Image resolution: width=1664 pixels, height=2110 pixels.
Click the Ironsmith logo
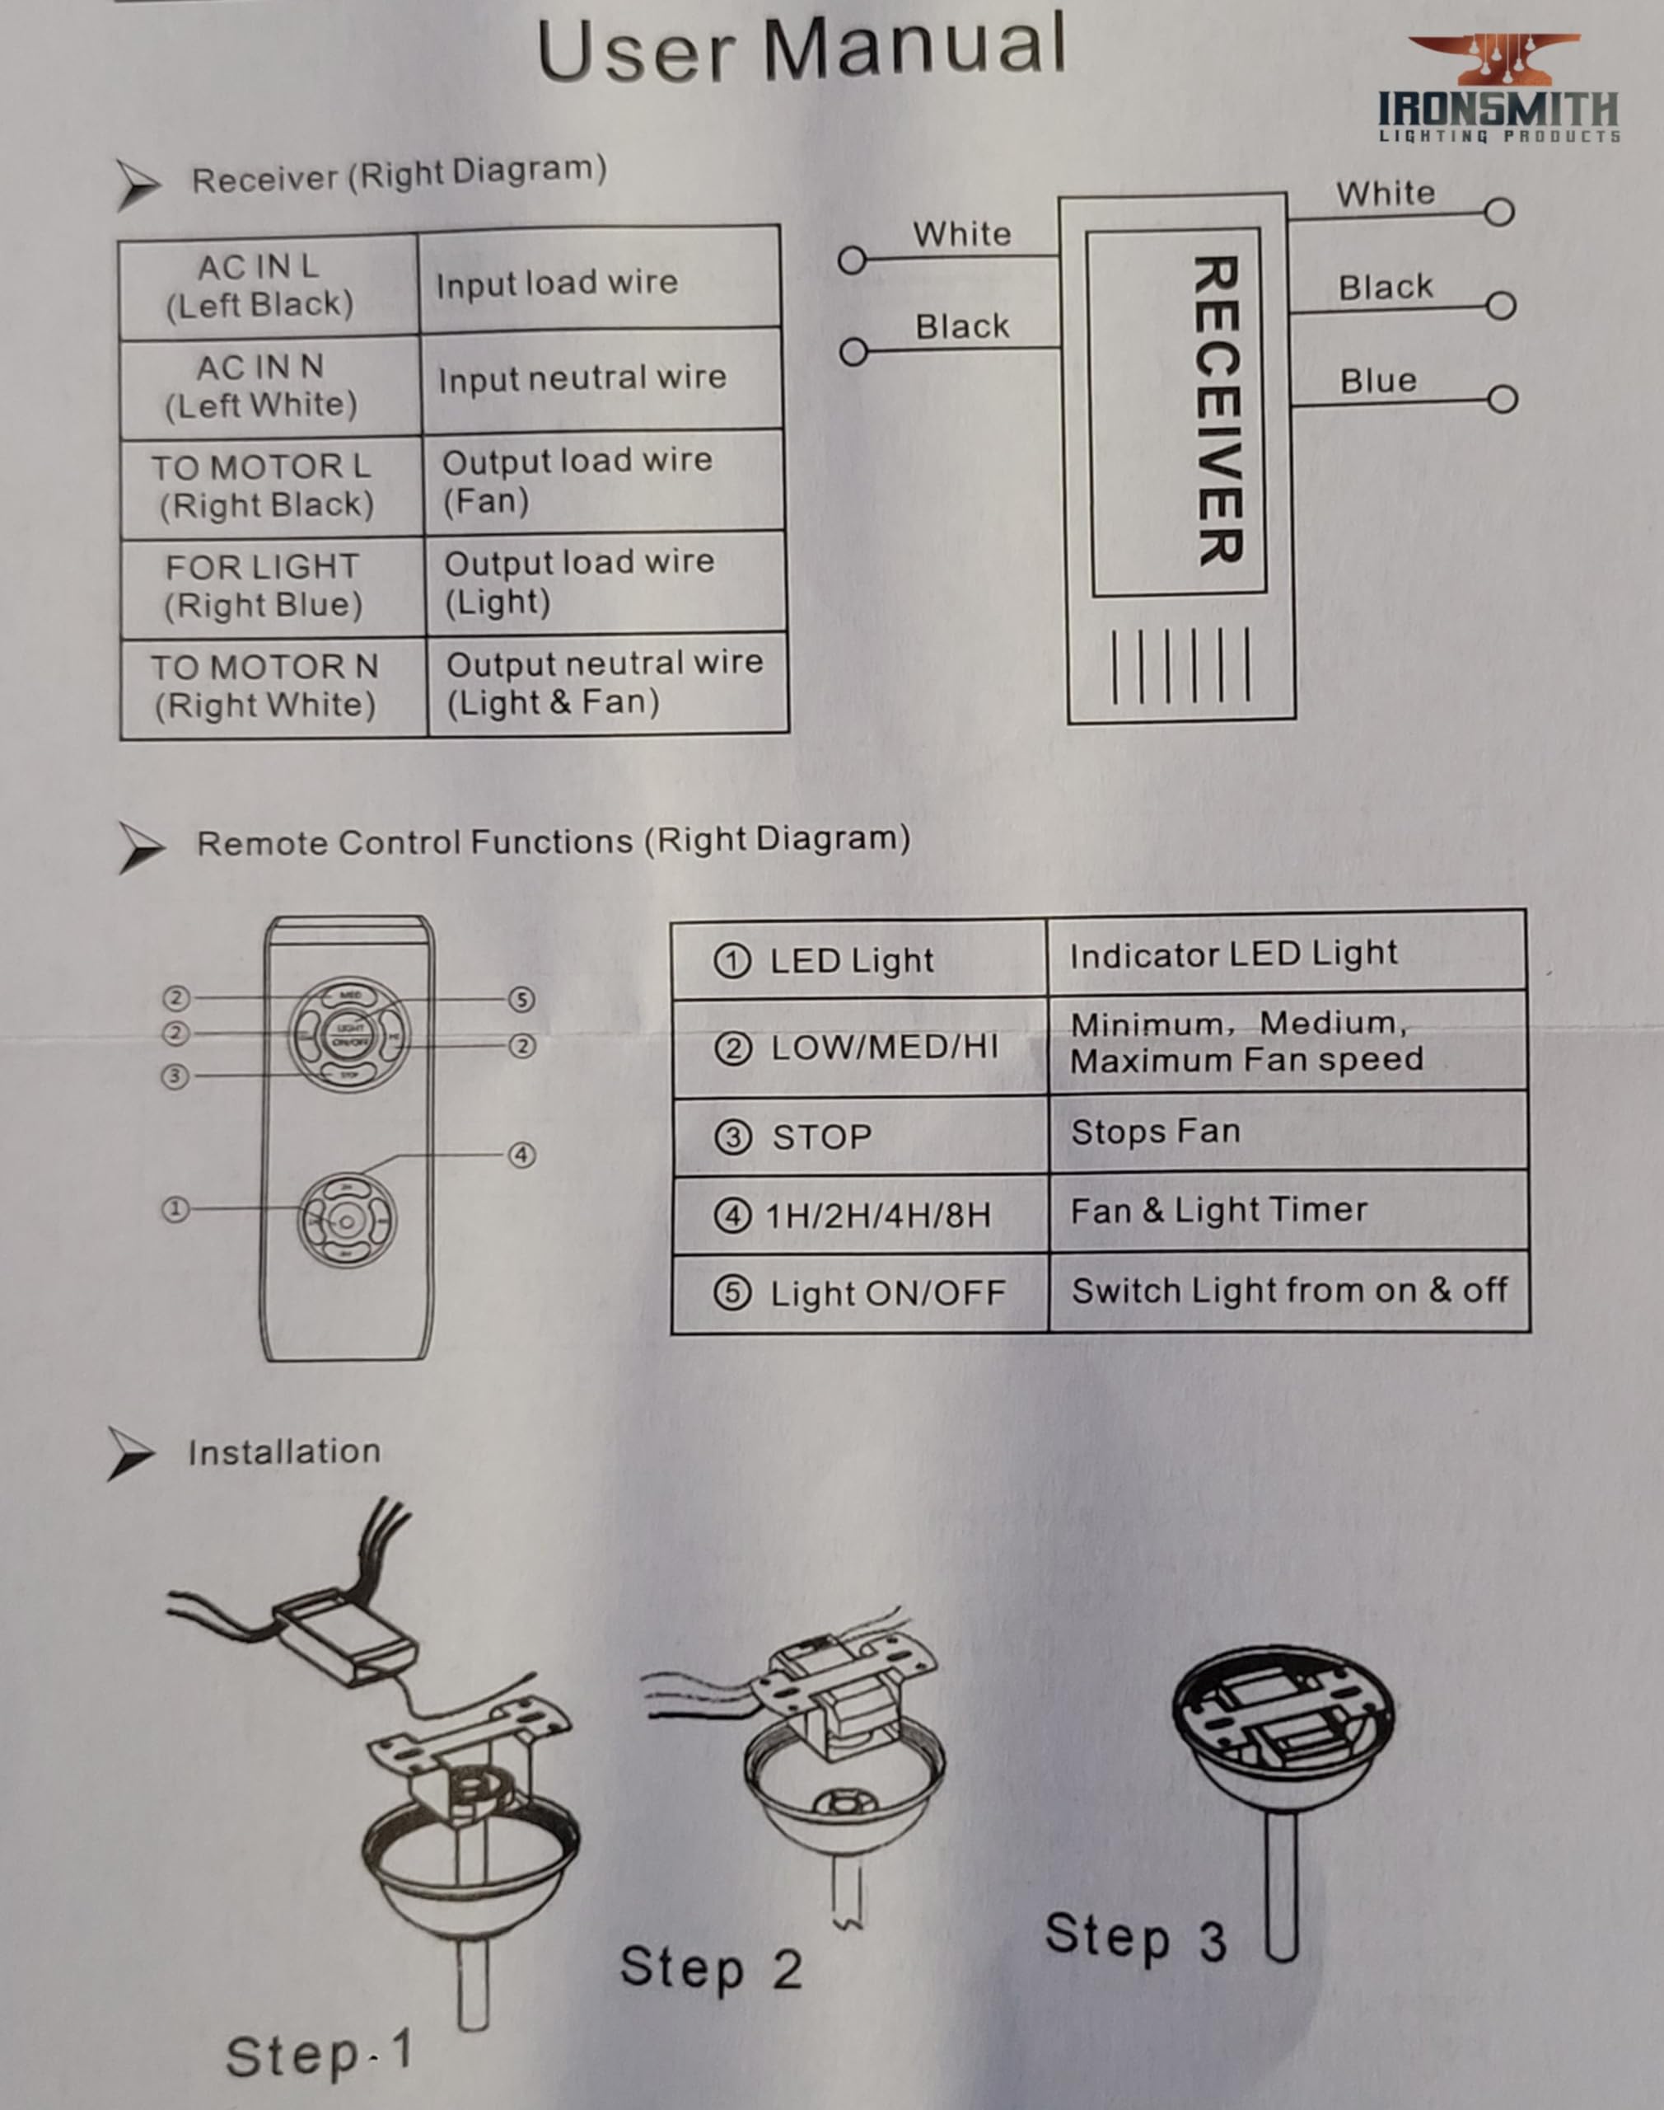tap(1498, 90)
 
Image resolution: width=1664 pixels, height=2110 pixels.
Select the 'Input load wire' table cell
tap(598, 283)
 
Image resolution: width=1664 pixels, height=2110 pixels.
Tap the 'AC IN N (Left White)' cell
tap(261, 386)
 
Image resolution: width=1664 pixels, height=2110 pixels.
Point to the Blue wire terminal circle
tap(1503, 399)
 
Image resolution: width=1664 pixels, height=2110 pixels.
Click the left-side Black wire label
tap(961, 326)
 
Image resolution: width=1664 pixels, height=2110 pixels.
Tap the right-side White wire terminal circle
tap(1499, 212)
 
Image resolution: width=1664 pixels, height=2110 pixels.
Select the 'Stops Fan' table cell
tap(1286, 1132)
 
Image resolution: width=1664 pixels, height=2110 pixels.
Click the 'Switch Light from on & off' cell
tap(1288, 1291)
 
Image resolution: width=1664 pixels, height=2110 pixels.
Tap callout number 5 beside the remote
tap(521, 999)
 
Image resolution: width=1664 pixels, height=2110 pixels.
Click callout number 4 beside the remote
tap(521, 1155)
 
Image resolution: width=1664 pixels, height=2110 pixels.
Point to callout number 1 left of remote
tap(175, 1209)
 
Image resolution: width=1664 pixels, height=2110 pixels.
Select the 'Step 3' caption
tap(1135, 1937)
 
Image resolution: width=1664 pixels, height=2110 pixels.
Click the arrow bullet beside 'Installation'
tap(130, 1453)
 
